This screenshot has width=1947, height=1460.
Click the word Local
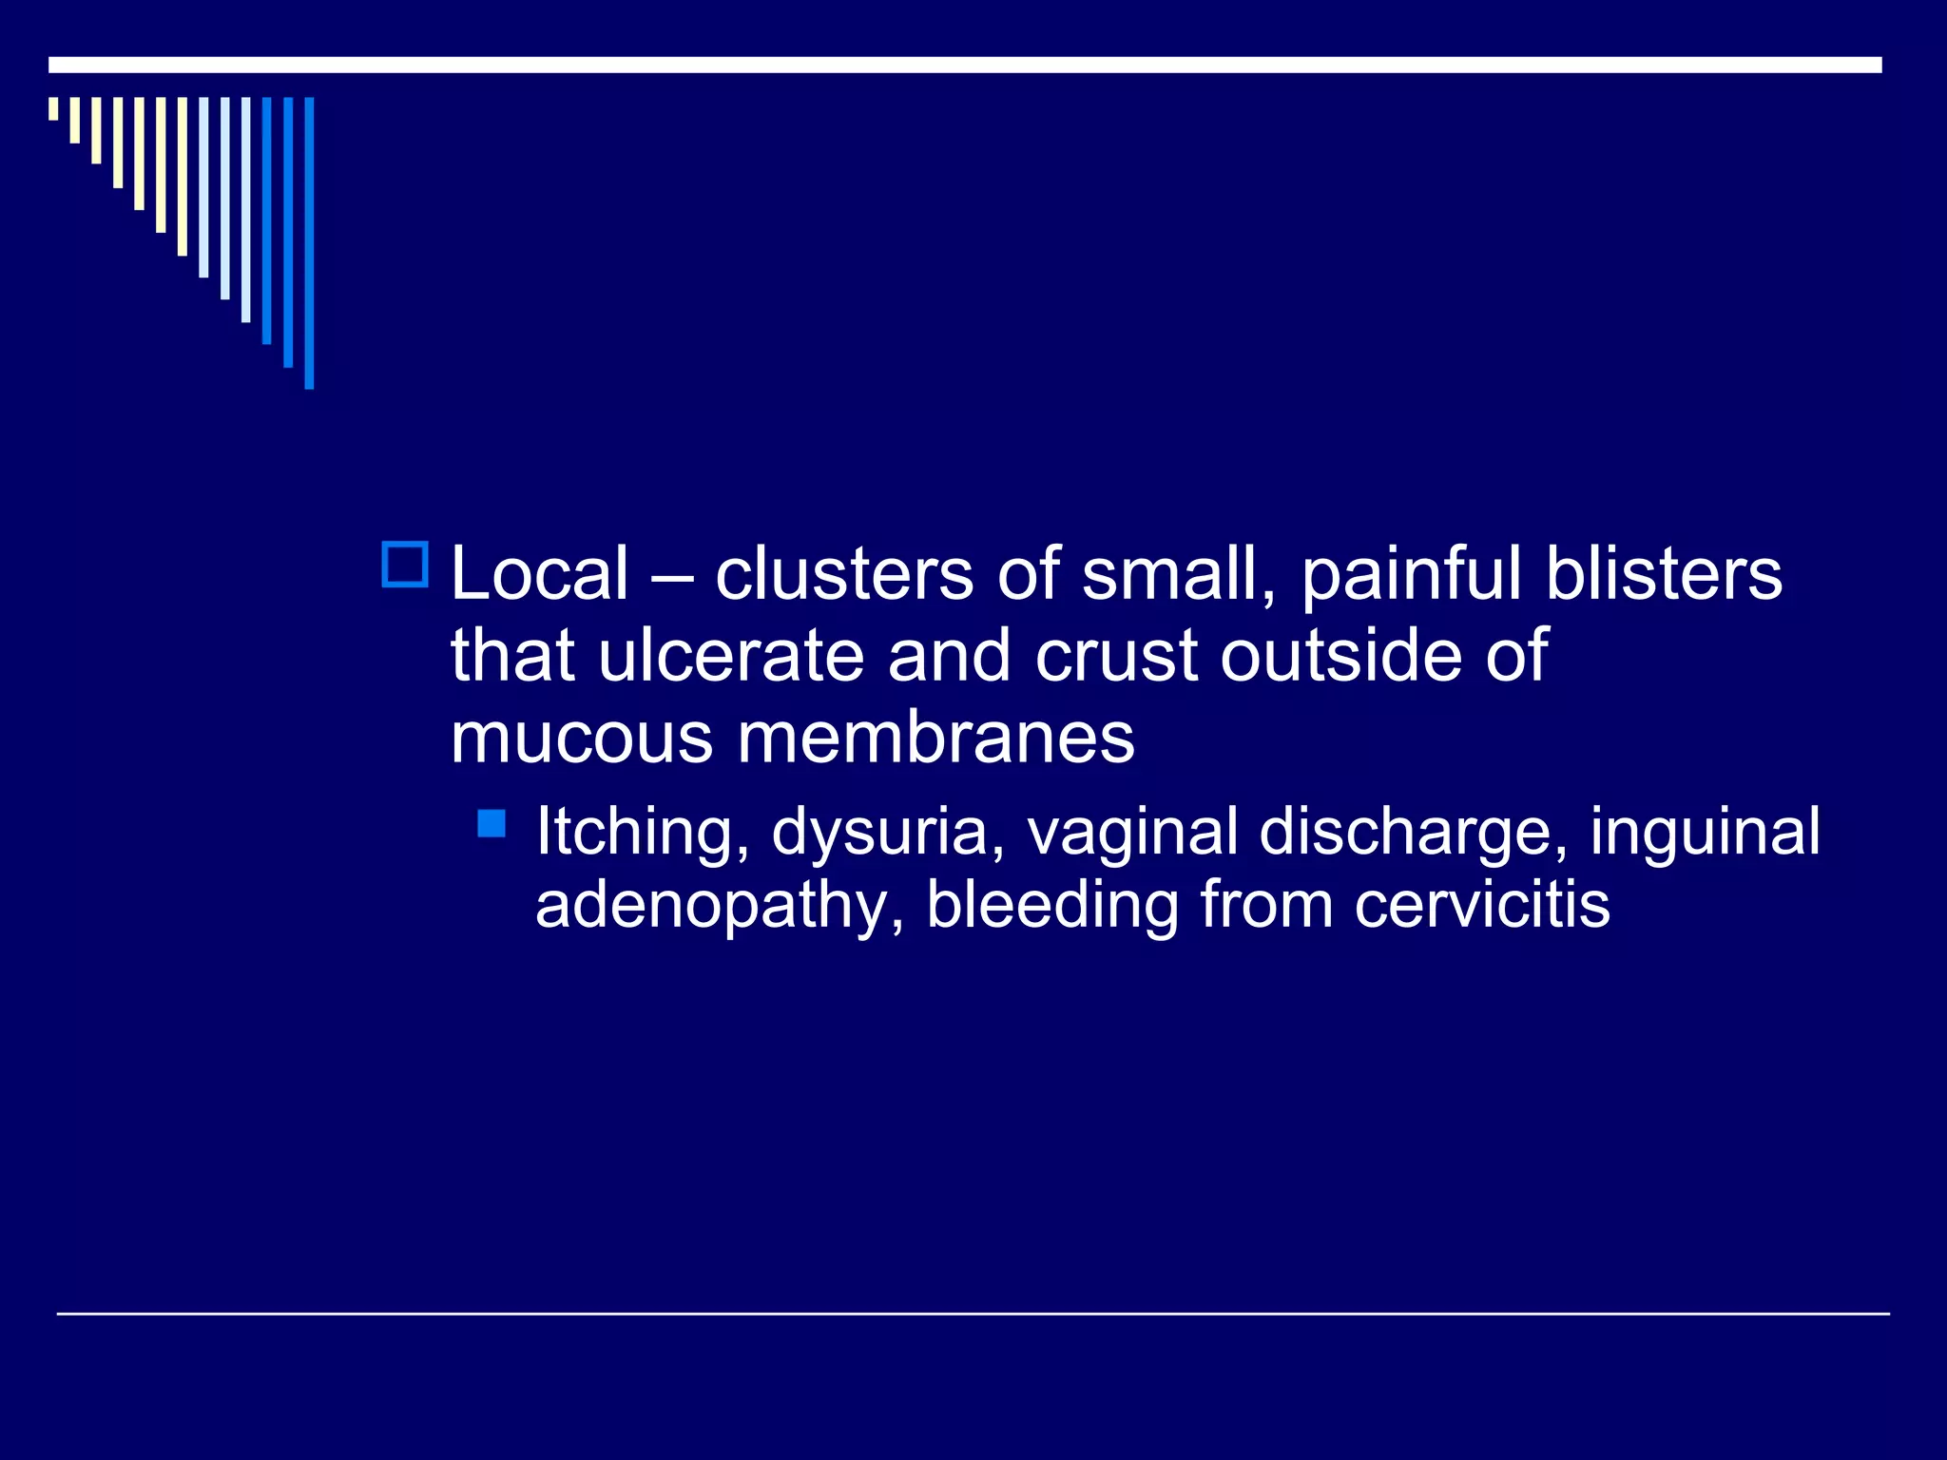[x=539, y=574]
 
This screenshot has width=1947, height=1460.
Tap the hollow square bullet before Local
[x=405, y=565]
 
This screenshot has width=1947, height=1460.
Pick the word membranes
[x=935, y=738]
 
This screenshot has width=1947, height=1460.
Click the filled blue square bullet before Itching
[x=492, y=823]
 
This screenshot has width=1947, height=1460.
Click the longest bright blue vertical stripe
[x=309, y=243]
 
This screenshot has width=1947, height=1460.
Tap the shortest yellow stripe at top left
[x=53, y=108]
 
